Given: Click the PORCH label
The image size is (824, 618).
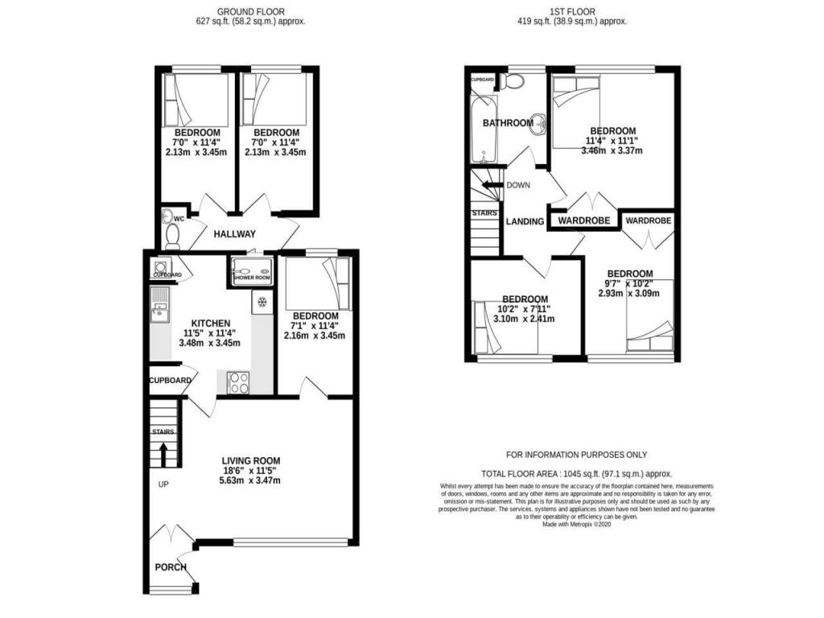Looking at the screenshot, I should click(x=171, y=567).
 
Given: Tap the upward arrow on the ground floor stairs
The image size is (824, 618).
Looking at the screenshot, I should click(x=164, y=455).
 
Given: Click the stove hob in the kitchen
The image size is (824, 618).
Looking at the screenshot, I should click(x=239, y=383).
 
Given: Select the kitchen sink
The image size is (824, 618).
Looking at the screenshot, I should click(x=159, y=303).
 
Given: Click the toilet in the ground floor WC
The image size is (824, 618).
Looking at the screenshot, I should click(x=171, y=235).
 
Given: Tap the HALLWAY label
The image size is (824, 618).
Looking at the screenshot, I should click(x=234, y=234).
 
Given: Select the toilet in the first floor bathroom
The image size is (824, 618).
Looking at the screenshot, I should click(x=513, y=81).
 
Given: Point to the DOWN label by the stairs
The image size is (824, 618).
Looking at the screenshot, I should click(x=519, y=185).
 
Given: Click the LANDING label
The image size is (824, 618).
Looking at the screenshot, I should click(x=525, y=221).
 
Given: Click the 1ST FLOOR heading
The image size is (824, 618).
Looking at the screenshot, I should click(x=572, y=11).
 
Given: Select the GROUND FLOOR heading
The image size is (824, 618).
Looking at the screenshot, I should click(x=250, y=11).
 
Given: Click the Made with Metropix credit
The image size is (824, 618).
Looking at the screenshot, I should click(x=576, y=524).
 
